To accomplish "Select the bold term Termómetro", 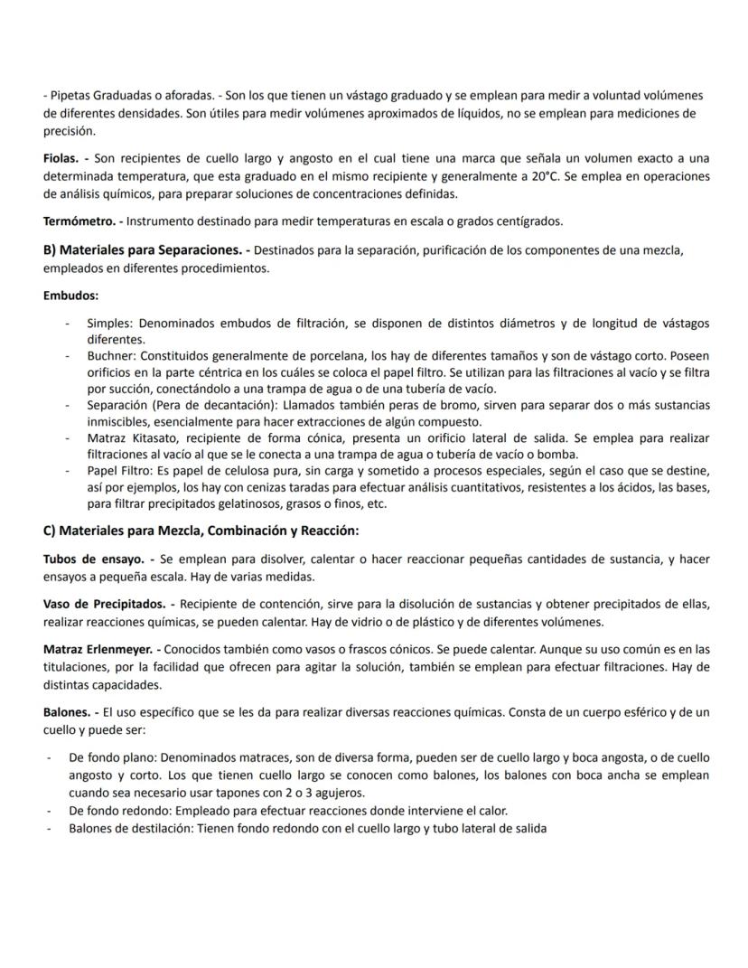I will point(80,221).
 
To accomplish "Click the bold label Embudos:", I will point(70,296).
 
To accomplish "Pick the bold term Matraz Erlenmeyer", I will point(98,648).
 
